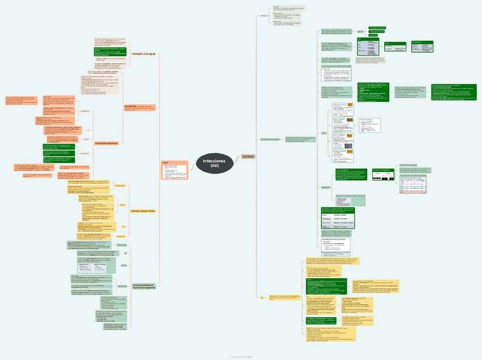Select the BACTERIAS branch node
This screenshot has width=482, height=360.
coord(248,156)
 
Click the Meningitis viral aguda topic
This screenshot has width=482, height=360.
coord(144,53)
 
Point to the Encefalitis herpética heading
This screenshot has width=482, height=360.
coord(106,143)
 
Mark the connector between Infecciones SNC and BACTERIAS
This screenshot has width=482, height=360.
coord(238,159)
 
